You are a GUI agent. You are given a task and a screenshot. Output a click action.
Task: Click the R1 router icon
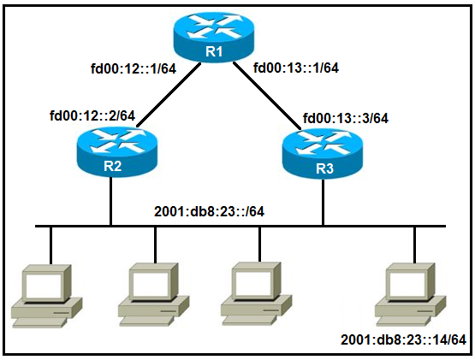[x=214, y=37]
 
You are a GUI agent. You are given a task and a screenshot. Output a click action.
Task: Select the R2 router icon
[x=117, y=151]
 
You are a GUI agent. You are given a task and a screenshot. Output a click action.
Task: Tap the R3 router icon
[x=323, y=153]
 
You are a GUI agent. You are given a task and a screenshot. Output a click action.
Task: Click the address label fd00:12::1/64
[x=134, y=68]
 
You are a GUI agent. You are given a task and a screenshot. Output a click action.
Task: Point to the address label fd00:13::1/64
[x=296, y=68]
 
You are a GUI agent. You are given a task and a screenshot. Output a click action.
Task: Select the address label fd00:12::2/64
[x=92, y=115]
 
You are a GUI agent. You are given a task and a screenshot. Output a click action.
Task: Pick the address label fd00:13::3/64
[x=346, y=118]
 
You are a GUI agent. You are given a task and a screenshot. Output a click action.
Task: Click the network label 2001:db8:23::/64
[x=209, y=211]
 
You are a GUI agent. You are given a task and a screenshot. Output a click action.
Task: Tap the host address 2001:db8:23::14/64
[x=403, y=339]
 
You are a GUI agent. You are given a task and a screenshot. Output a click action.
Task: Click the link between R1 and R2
[x=169, y=95]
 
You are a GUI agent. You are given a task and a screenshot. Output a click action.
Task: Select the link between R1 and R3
[x=267, y=96]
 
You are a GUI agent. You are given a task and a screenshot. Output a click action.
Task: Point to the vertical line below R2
[x=111, y=201]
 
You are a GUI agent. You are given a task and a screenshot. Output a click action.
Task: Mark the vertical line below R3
[x=324, y=202]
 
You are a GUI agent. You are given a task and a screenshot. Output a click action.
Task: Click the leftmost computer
[x=47, y=296]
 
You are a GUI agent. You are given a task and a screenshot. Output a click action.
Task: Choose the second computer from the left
[x=153, y=294]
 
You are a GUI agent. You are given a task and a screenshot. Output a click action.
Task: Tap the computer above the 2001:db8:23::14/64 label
[x=411, y=294]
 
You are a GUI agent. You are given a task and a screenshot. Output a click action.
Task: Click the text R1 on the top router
[x=214, y=51]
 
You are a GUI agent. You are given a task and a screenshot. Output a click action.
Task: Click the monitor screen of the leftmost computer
[x=44, y=285]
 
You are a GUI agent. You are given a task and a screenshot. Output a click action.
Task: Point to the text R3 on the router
[x=324, y=168]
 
